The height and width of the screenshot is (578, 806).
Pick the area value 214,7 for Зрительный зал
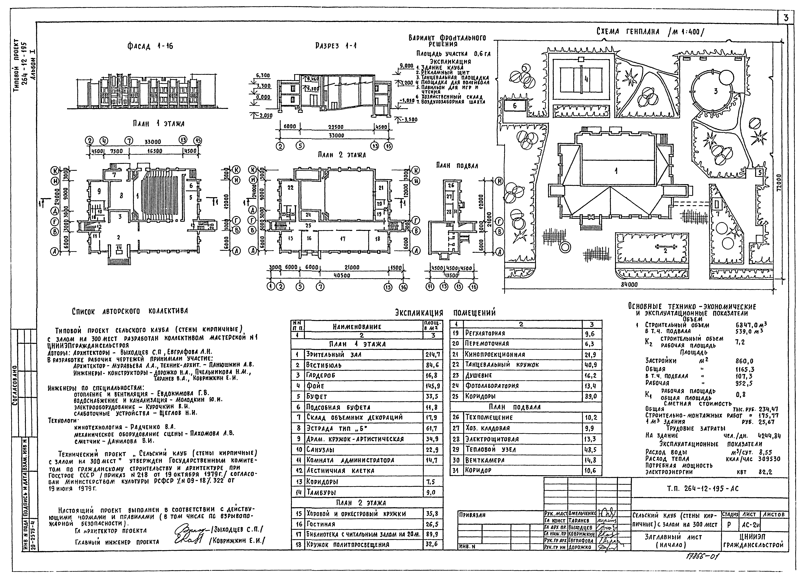click(432, 354)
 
